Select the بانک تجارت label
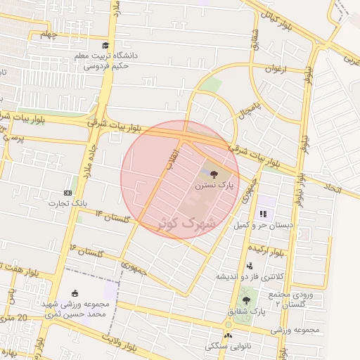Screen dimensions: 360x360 66,203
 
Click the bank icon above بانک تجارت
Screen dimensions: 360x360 67,193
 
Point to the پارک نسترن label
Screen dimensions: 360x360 214,185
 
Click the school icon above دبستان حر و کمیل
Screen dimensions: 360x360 264,214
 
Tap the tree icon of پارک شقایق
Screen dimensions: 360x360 245,300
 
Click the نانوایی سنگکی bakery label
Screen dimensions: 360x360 224,347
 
